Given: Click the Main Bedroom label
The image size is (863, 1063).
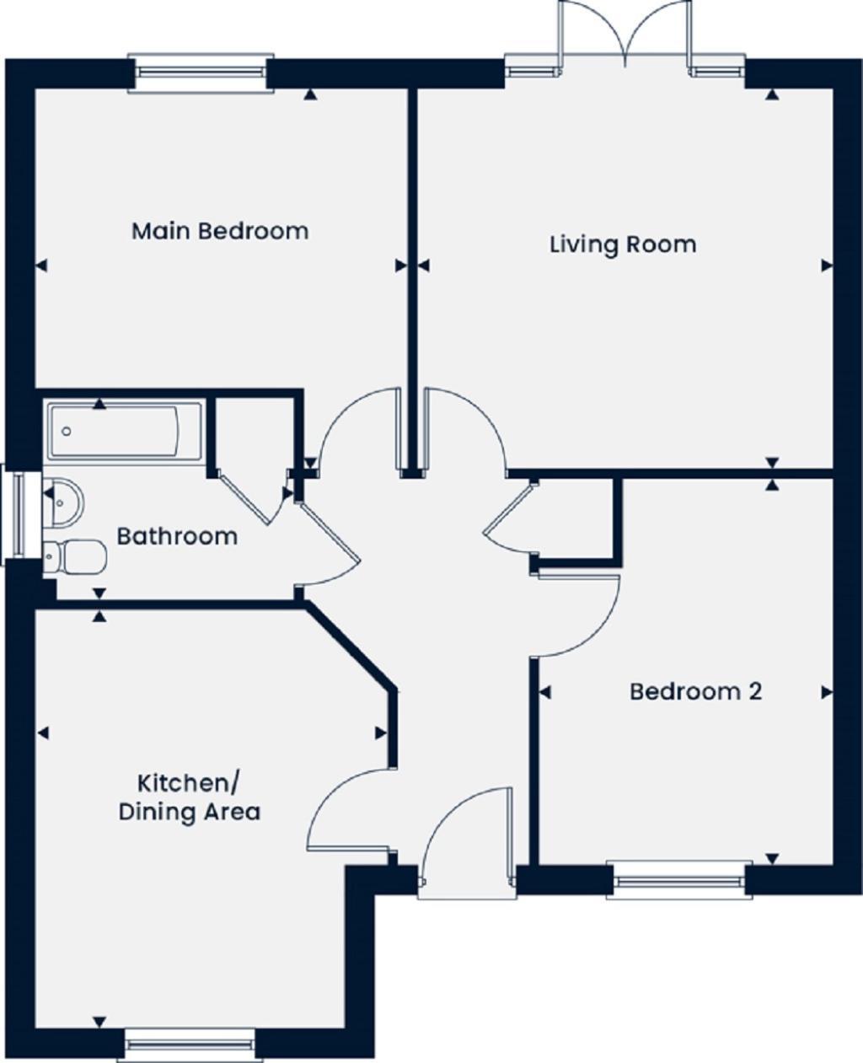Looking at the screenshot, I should pos(220,230).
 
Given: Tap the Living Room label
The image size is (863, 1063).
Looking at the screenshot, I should pos(623,244).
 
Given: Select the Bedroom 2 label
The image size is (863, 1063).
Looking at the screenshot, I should pos(695,691).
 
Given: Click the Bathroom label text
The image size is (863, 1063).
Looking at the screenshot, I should pos(177,536).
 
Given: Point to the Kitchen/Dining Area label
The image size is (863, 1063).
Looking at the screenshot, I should pos(189,797).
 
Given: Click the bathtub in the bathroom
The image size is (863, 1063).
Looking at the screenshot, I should pos(124,431).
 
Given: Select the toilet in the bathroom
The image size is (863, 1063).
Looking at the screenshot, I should pos(75,556).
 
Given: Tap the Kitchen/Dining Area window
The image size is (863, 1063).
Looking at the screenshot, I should pos(190,1044).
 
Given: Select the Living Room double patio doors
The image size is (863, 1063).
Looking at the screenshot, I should pos(625,38).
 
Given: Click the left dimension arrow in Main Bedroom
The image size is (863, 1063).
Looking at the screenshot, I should pos(41,266).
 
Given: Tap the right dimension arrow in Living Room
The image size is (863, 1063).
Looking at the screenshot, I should pos(827,266).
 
